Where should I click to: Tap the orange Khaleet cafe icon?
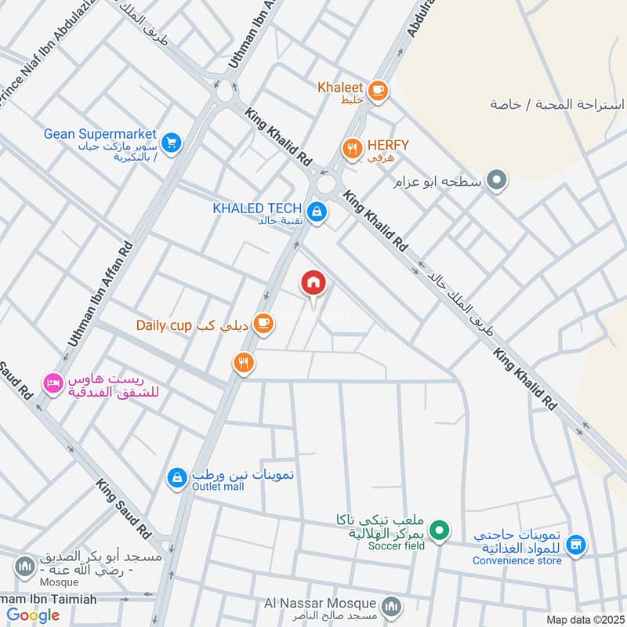pyautogui.click(x=378, y=91)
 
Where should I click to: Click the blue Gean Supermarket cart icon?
pyautogui.click(x=172, y=142)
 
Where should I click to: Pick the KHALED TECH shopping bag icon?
pyautogui.click(x=317, y=211)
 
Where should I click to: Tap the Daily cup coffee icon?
pyautogui.click(x=263, y=324)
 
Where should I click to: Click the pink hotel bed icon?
pyautogui.click(x=53, y=383)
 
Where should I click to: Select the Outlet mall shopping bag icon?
pyautogui.click(x=177, y=477)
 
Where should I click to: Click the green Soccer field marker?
pyautogui.click(x=440, y=532)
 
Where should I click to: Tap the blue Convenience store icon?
pyautogui.click(x=576, y=544)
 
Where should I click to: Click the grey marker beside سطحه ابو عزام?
pyautogui.click(x=495, y=182)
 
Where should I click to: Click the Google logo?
pyautogui.click(x=34, y=615)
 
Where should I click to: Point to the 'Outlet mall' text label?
pyautogui.click(x=218, y=487)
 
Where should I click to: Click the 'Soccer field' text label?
pyautogui.click(x=396, y=545)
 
